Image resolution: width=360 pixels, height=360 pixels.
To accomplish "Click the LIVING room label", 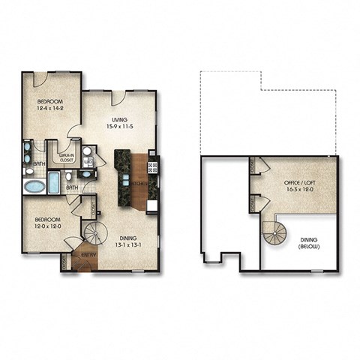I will (118, 120).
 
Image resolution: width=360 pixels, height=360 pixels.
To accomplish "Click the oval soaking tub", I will (34, 184).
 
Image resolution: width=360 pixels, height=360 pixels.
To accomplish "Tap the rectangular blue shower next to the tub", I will (54, 181).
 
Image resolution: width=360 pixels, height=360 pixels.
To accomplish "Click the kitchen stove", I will (152, 166).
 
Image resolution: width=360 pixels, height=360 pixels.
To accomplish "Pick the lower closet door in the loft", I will (254, 202).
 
